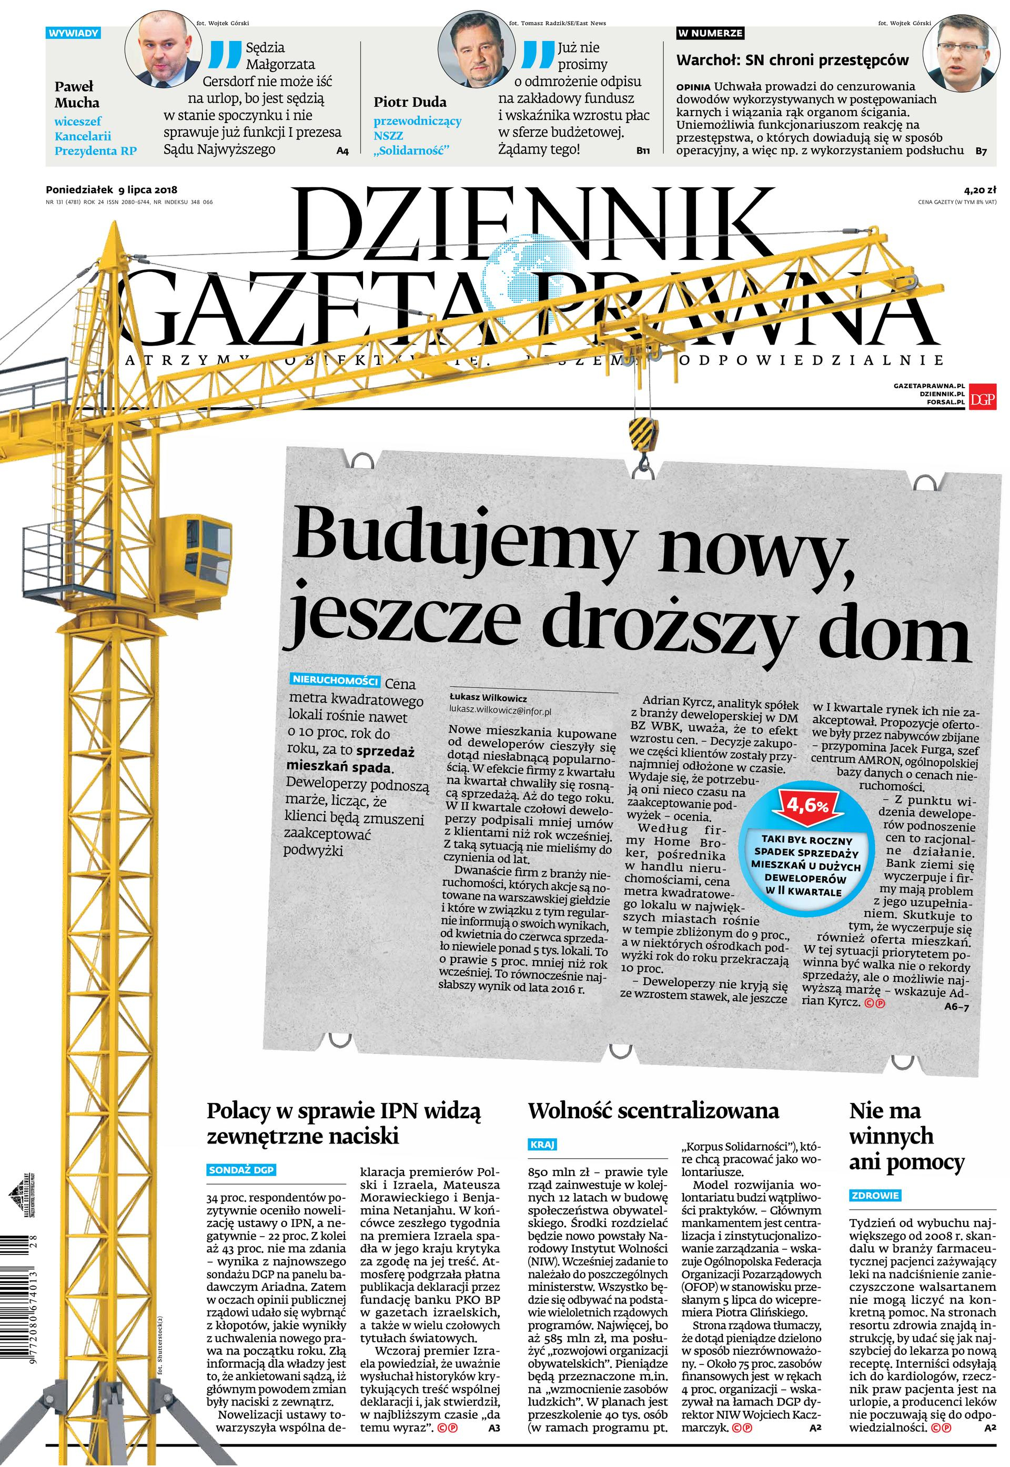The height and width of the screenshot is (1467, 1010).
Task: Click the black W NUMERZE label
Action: [x=710, y=33]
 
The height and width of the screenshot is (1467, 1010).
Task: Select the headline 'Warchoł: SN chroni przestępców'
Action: [x=792, y=60]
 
